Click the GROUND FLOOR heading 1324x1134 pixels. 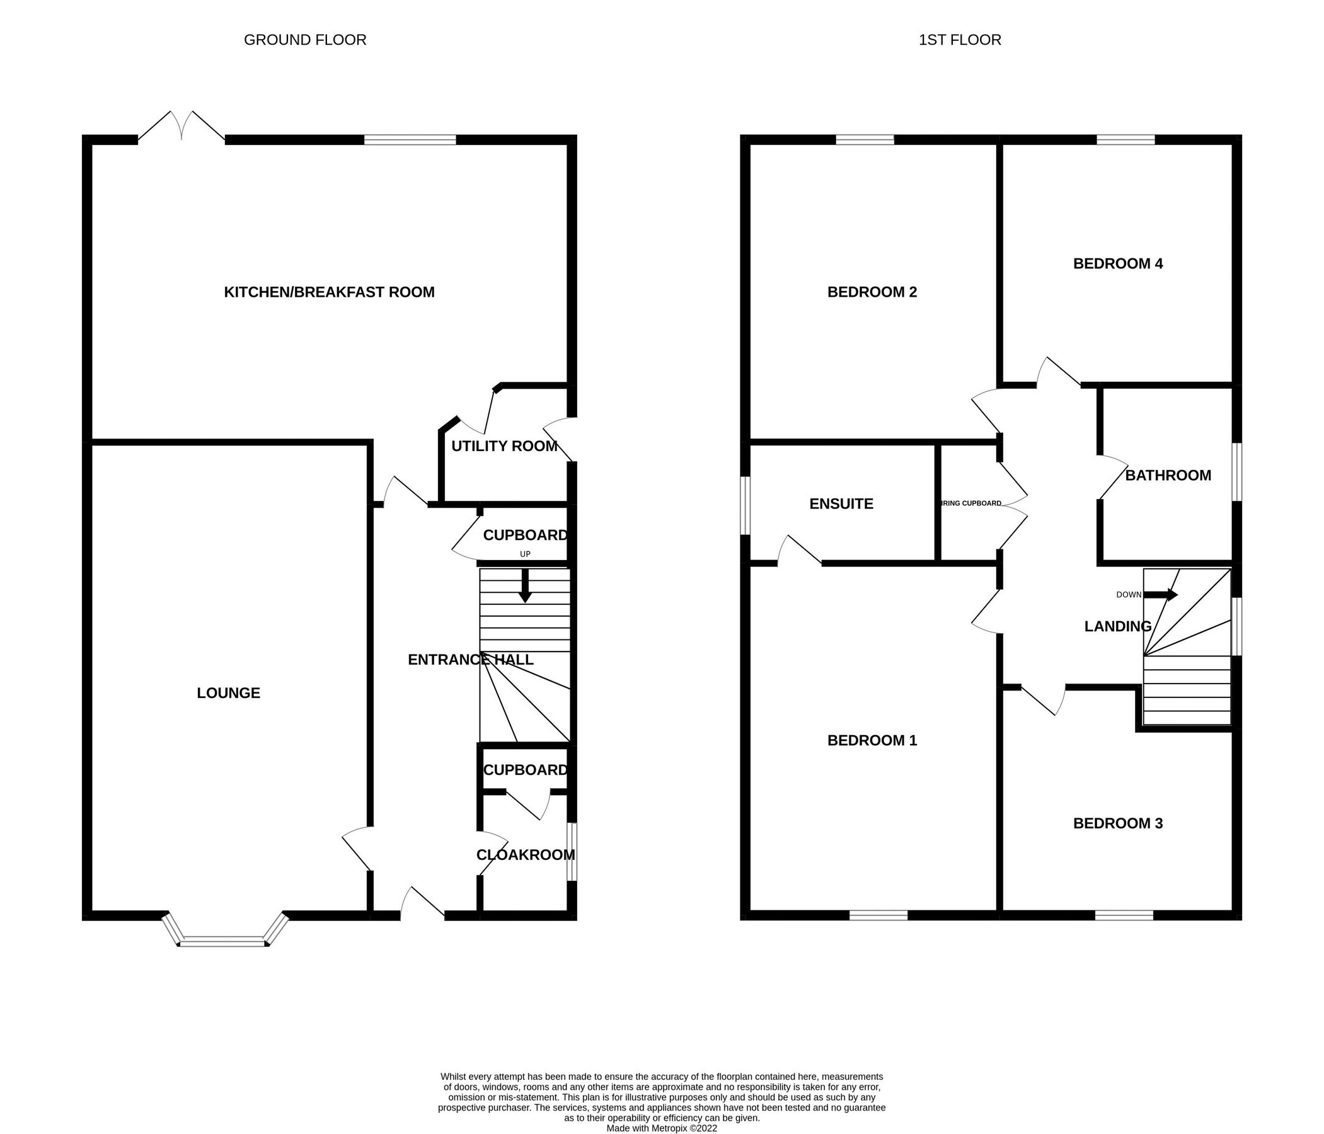coord(305,40)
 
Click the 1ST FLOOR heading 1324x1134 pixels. coord(959,40)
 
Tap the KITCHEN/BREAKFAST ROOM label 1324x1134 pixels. coord(329,292)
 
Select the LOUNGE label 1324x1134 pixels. coord(228,693)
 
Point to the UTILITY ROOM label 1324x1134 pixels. coord(504,446)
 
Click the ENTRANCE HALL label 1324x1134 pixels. coord(470,660)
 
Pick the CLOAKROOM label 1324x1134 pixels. coord(526,855)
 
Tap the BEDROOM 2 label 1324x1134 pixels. coord(872,292)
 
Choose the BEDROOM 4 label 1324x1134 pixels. coord(1117,263)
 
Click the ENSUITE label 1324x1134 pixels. coord(841,503)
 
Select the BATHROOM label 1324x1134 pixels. coord(1168,475)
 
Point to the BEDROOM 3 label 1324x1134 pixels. coord(1117,823)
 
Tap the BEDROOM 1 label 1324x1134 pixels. coord(872,740)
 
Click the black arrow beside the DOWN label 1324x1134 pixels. coord(1160,595)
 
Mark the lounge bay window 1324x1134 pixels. coord(223,941)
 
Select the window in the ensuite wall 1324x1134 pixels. coord(745,505)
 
